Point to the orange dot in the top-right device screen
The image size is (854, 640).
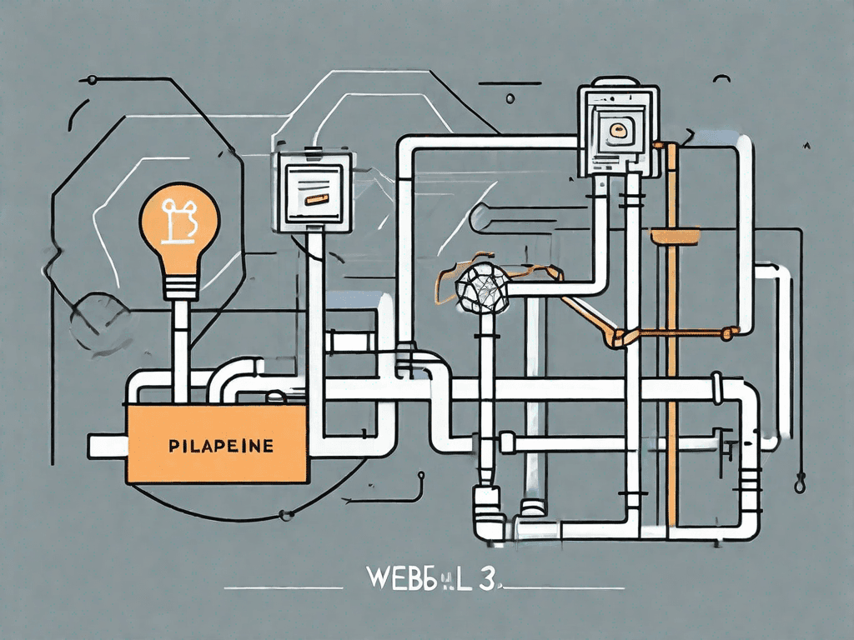(618, 129)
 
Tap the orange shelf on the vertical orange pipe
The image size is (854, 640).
(674, 236)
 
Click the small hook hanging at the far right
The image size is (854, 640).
(801, 481)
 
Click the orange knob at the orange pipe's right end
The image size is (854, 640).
(731, 332)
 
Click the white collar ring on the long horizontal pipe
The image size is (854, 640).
(716, 387)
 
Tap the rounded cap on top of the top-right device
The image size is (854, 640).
(618, 80)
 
